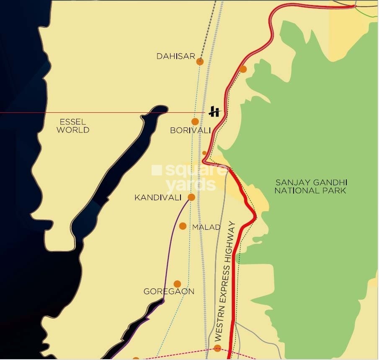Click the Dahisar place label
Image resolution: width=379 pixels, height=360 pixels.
pyautogui.click(x=176, y=56)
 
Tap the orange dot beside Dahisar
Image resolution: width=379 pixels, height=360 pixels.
pyautogui.click(x=200, y=61)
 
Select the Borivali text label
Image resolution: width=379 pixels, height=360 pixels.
pyautogui.click(x=191, y=130)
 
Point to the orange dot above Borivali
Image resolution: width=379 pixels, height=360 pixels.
pyautogui.click(x=195, y=122)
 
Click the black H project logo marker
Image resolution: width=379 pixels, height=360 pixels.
pyautogui.click(x=215, y=111)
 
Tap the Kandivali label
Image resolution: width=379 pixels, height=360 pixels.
pyautogui.click(x=158, y=197)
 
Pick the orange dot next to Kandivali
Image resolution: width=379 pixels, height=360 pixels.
pyautogui.click(x=191, y=197)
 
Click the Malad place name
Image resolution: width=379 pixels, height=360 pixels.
pyautogui.click(x=206, y=227)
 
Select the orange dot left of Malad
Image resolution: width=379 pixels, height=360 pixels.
pyautogui.click(x=183, y=226)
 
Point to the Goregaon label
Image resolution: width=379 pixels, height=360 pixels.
pyautogui.click(x=169, y=291)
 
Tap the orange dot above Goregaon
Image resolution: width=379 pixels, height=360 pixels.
pyautogui.click(x=177, y=284)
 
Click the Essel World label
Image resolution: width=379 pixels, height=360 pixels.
pyautogui.click(x=73, y=126)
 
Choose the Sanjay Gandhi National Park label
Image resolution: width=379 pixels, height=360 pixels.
pyautogui.click(x=311, y=186)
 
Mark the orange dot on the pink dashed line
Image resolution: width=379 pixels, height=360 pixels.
pyautogui.click(x=217, y=348)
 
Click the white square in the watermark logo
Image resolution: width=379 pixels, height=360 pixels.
pyautogui.click(x=156, y=170)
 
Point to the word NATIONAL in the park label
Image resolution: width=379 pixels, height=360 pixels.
pyautogui.click(x=295, y=190)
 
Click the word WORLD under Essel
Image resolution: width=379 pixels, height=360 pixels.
pyautogui.click(x=73, y=130)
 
